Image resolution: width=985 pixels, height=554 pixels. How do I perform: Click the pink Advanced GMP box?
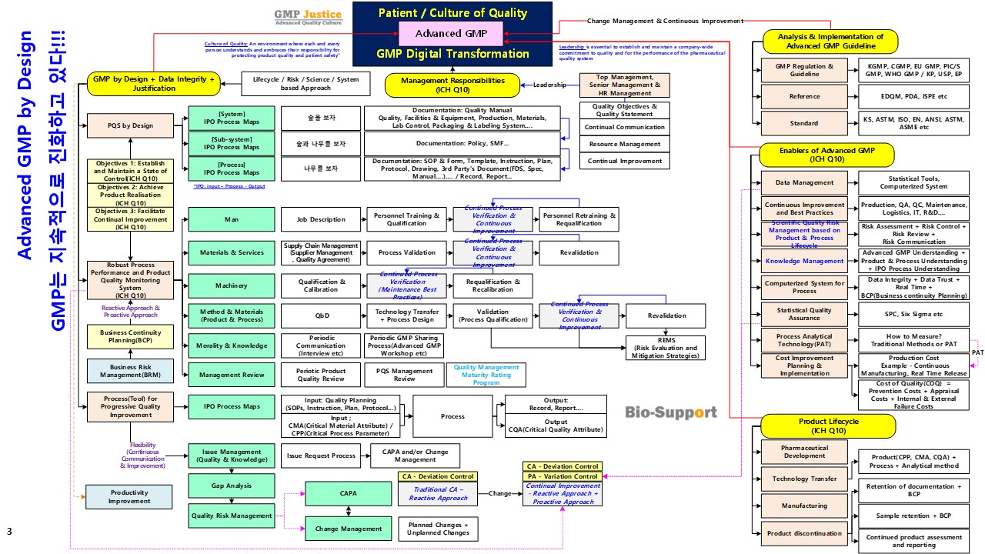[450, 33]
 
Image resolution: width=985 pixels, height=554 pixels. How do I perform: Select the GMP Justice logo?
[309, 18]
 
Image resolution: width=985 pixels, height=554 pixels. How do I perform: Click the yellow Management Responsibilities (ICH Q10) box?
[454, 85]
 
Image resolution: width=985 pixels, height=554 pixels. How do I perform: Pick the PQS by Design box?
[131, 125]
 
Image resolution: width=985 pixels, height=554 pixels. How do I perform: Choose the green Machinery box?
[232, 285]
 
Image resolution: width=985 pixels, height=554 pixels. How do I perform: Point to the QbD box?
[321, 315]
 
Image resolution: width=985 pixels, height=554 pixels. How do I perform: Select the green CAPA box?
[348, 493]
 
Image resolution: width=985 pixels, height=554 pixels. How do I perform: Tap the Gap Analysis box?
[232, 486]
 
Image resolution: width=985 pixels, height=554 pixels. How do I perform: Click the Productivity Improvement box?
[129, 497]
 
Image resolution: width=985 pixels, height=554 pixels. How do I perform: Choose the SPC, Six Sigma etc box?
[913, 314]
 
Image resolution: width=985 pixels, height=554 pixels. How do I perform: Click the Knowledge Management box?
[804, 261]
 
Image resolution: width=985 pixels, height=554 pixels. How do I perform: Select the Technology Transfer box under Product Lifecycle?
[804, 479]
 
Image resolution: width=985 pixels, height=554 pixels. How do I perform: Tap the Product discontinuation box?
[804, 533]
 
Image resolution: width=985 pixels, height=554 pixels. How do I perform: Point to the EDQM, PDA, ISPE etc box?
[913, 96]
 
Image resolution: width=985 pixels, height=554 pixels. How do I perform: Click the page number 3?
[9, 532]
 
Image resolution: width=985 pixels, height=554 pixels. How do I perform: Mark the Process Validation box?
[406, 252]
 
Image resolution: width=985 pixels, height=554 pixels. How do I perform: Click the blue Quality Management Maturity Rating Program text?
[486, 375]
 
